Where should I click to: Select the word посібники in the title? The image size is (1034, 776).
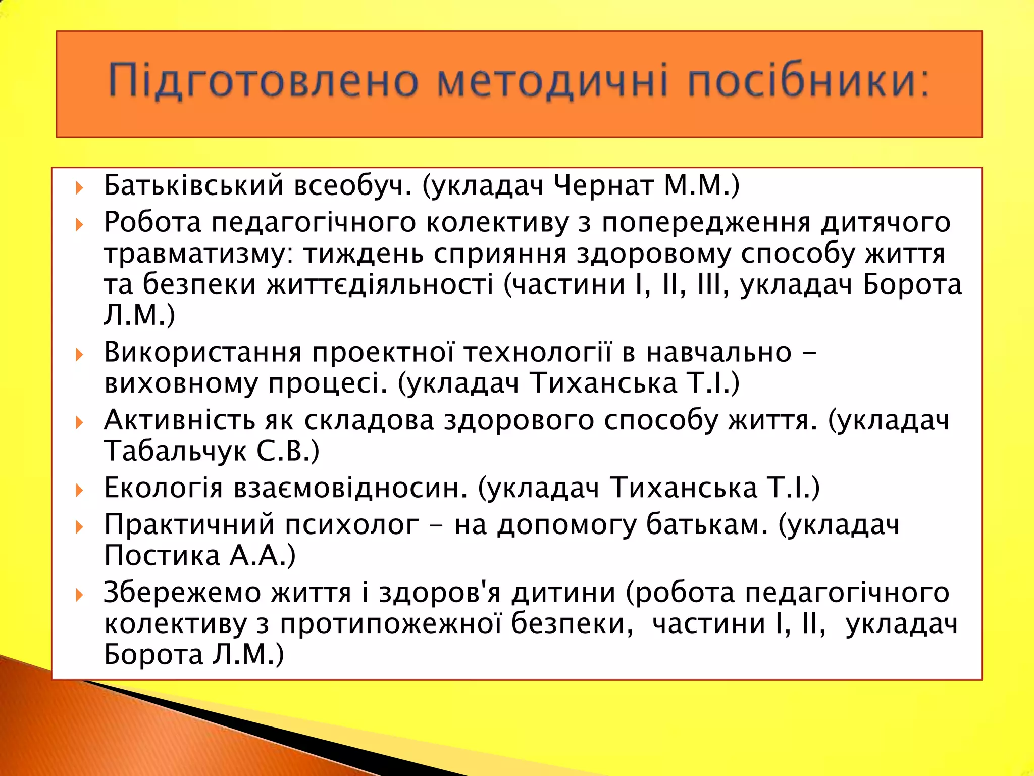808,81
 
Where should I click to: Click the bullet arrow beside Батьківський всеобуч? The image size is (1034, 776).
79,188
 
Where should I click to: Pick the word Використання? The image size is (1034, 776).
202,352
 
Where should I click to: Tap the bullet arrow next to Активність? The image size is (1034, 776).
79,422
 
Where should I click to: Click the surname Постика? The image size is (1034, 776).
162,556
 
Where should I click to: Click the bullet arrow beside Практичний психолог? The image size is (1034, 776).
79,527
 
